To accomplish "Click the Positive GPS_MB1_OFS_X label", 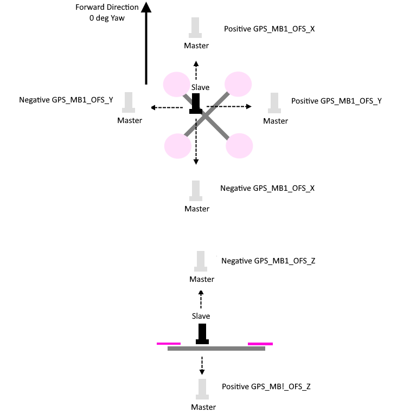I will coord(270,29).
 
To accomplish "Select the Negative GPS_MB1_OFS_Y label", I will coord(66,100).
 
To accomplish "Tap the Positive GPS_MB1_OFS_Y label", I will coord(336,101).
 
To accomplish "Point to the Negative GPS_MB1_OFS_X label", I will coord(267,188).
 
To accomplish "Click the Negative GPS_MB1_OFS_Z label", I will coord(268,261).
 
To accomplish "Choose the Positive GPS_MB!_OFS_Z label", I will coord(266,387).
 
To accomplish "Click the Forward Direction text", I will coord(107,7).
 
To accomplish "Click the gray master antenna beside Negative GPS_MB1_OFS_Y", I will coord(129,102).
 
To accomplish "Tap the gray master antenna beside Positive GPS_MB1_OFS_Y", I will coord(275,102).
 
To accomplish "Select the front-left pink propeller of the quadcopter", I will coord(177,85).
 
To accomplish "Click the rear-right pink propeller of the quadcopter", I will coord(240,145).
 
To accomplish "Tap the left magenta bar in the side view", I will coord(168,343).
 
